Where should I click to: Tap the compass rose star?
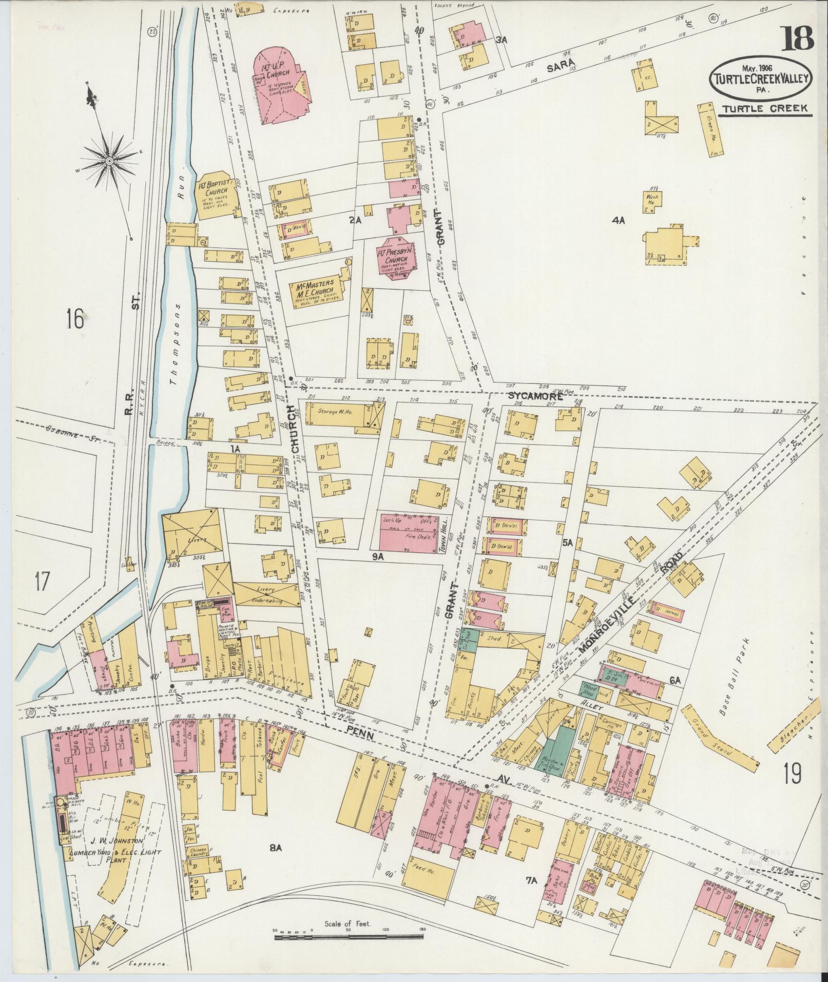pyautogui.click(x=109, y=161)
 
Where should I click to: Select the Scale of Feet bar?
pyautogui.click(x=349, y=937)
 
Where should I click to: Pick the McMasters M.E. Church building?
pyautogui.click(x=313, y=293)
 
